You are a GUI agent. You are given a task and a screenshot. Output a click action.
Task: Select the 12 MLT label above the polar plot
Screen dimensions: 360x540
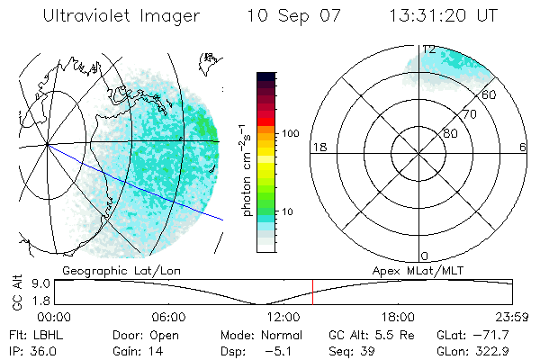click(429, 49)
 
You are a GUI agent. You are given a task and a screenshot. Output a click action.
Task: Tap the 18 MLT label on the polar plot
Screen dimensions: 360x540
click(318, 148)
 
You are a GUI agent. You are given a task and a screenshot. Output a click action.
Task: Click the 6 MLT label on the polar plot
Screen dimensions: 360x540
click(523, 148)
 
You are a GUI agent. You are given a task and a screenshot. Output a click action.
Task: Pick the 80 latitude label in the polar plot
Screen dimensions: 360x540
click(449, 132)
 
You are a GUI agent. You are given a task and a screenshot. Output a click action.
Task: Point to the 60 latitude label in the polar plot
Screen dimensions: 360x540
click(490, 94)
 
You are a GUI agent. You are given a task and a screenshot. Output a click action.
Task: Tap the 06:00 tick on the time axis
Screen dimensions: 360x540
click(169, 318)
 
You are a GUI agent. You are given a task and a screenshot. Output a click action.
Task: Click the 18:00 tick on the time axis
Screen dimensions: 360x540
click(398, 318)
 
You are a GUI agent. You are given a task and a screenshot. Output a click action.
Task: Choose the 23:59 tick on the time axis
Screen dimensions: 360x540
click(512, 318)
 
